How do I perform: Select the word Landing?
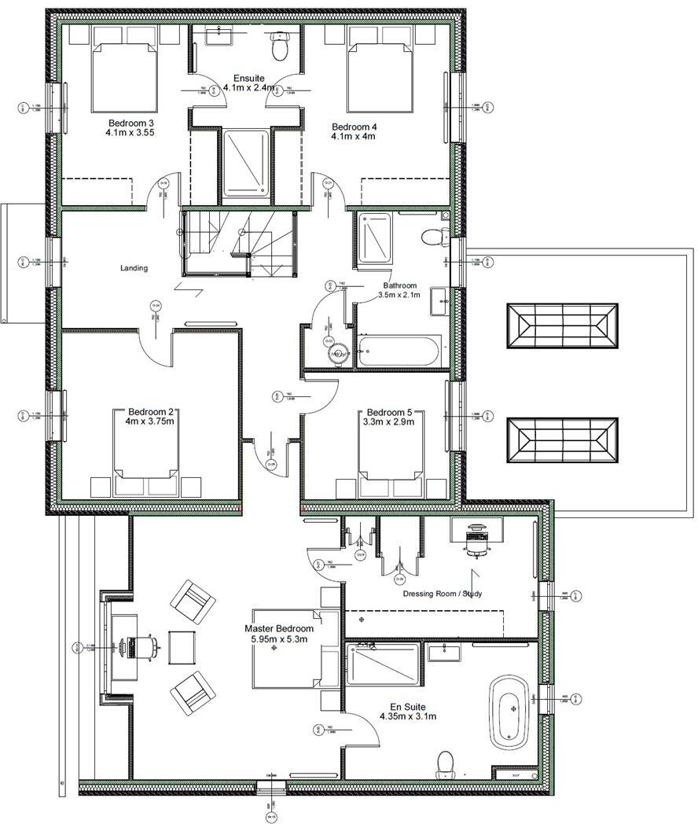click(x=134, y=268)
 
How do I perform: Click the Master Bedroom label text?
click(x=279, y=629)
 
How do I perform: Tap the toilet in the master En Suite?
click(x=446, y=763)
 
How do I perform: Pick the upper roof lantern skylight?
click(x=561, y=326)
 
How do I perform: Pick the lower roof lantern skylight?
click(x=561, y=445)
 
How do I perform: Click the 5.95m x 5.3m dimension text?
click(x=279, y=639)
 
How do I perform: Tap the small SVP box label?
click(x=516, y=775)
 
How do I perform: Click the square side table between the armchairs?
click(x=183, y=647)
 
